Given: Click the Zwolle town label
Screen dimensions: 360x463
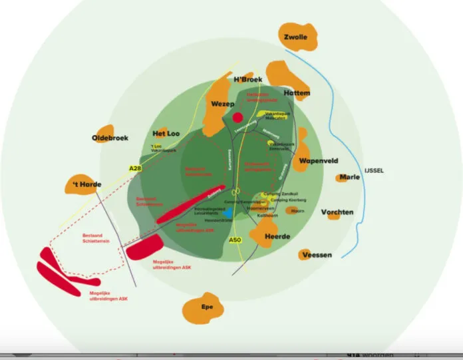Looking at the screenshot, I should pyautogui.click(x=295, y=37).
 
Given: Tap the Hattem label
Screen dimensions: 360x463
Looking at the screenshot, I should pyautogui.click(x=297, y=93).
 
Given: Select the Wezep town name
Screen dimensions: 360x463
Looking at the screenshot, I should pyautogui.click(x=223, y=104).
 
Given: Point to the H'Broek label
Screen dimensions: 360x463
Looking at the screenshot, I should pyautogui.click(x=248, y=80).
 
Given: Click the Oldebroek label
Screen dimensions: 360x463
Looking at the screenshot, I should pyautogui.click(x=110, y=138).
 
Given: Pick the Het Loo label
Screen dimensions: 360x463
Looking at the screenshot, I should pyautogui.click(x=166, y=134).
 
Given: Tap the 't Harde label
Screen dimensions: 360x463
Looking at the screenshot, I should pyautogui.click(x=87, y=184).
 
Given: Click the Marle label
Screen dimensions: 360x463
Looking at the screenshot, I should pyautogui.click(x=349, y=177).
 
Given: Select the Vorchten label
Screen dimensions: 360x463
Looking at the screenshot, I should pyautogui.click(x=337, y=213).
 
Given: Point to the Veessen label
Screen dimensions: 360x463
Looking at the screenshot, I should pyautogui.click(x=317, y=255).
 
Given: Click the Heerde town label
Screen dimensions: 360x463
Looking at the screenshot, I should pyautogui.click(x=277, y=237).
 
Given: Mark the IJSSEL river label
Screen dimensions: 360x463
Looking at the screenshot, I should pyautogui.click(x=374, y=171).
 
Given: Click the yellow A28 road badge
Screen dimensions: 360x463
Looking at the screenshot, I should pyautogui.click(x=136, y=169).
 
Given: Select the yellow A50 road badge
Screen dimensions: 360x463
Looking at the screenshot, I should pyautogui.click(x=235, y=240).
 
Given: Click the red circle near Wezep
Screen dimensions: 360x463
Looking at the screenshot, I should pyautogui.click(x=237, y=118).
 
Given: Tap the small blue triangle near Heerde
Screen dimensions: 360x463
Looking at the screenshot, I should pyautogui.click(x=228, y=212).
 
